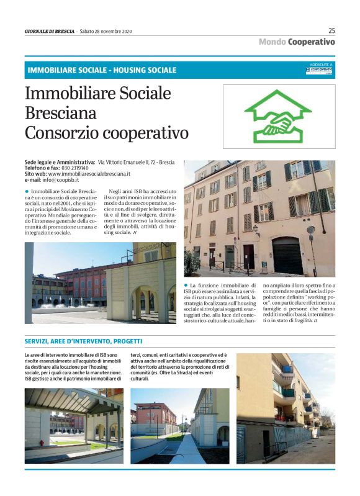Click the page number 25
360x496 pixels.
click(x=331, y=30)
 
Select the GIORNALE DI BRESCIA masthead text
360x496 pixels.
click(x=50, y=31)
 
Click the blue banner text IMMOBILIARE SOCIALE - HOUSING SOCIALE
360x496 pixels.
click(x=102, y=70)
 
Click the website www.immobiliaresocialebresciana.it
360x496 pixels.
click(x=89, y=174)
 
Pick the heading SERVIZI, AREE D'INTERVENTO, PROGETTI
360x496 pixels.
click(x=83, y=341)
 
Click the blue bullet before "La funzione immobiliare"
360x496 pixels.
click(x=186, y=284)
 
